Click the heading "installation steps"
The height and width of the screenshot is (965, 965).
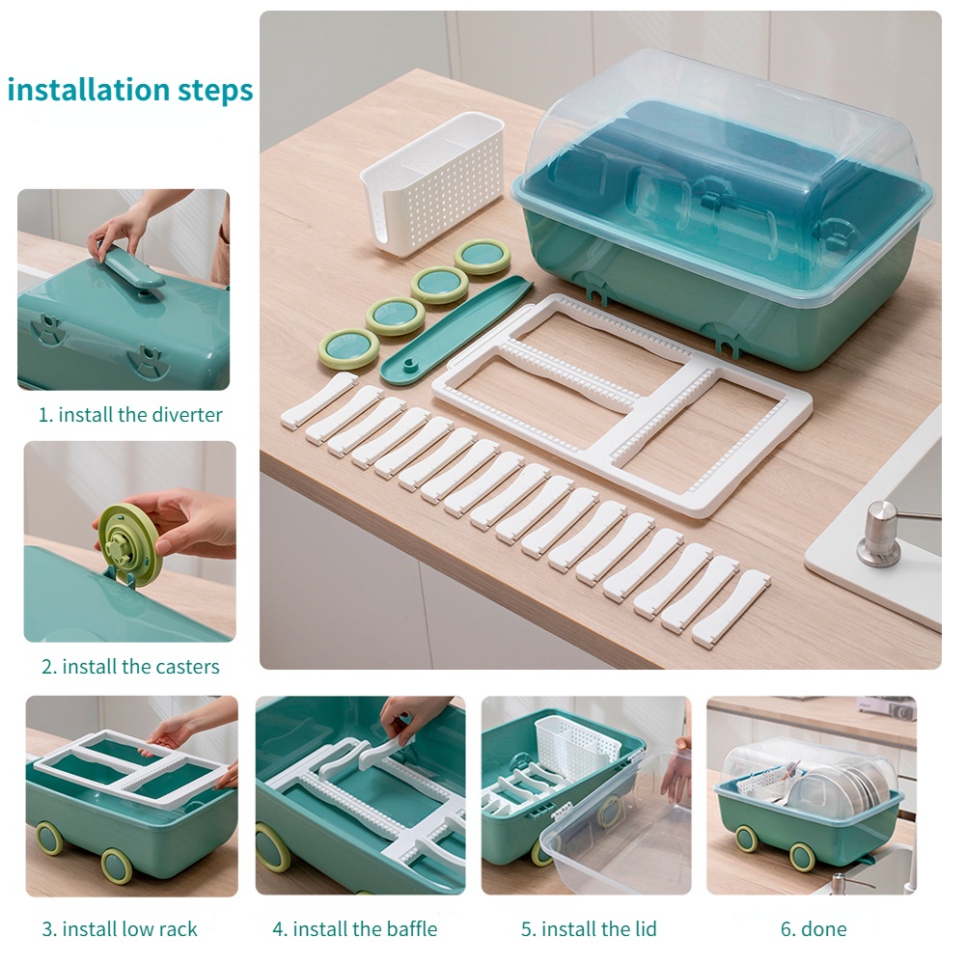(130, 90)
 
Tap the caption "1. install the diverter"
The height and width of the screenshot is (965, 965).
(130, 415)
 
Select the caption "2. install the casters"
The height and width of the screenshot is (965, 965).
(130, 667)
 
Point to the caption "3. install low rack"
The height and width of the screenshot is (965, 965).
(120, 928)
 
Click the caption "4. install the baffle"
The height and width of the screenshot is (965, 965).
(354, 928)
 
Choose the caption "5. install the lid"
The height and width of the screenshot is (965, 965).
(589, 928)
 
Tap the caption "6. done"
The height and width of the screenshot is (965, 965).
(813, 928)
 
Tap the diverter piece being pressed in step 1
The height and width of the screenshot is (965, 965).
(131, 265)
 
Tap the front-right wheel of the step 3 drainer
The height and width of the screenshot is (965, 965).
(118, 866)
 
